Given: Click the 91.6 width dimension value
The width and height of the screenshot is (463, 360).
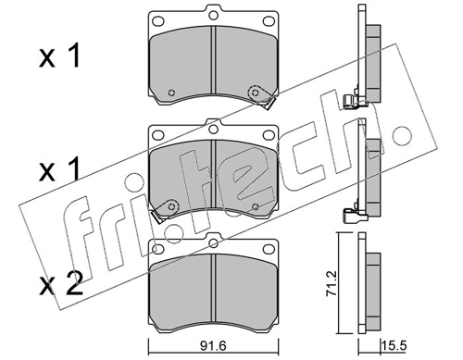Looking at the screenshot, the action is (213, 346).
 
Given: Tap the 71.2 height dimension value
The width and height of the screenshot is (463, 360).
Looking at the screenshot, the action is (331, 283).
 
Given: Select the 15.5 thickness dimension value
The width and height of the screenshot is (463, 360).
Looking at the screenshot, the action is (394, 346).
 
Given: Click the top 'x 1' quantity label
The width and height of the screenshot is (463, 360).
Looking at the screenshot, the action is (59, 56).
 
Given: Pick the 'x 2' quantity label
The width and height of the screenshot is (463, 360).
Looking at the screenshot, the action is (61, 284).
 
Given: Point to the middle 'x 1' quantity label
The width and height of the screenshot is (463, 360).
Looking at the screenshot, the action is (59, 169).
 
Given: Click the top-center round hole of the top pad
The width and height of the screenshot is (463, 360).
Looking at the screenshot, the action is (213, 15).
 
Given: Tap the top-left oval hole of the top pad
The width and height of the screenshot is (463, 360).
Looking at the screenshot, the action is (158, 21).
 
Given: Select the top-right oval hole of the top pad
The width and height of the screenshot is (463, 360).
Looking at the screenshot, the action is (269, 21).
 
